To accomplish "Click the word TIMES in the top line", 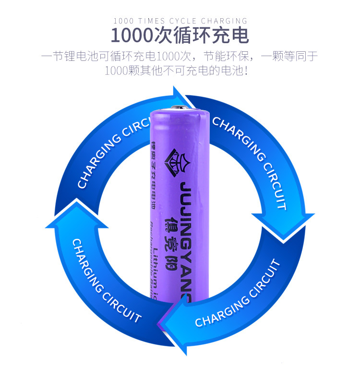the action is [x=151, y=21].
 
